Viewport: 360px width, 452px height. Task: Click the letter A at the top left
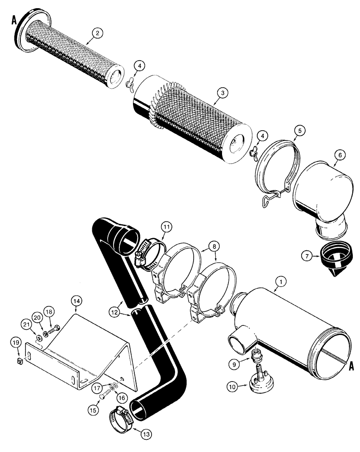point(14,21)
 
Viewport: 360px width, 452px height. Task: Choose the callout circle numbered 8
point(214,247)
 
